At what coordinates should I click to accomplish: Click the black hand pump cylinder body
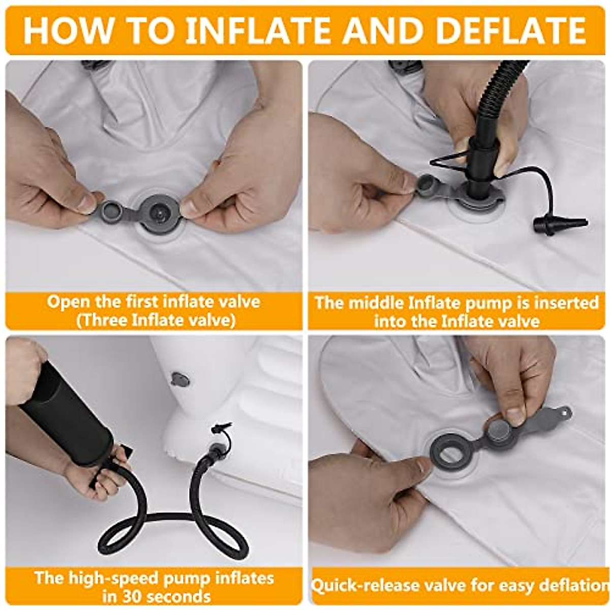[66, 417]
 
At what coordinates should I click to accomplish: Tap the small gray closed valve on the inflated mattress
[180, 379]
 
